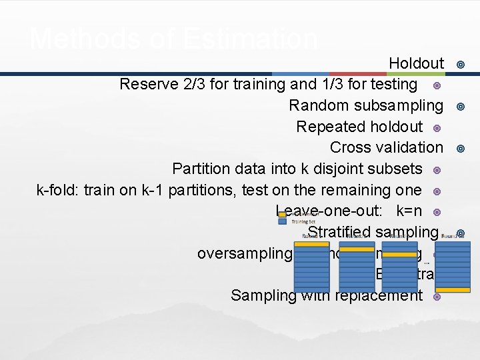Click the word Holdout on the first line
(416, 63)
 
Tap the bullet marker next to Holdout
(459, 64)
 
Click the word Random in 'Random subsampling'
(319, 105)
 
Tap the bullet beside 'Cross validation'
(459, 148)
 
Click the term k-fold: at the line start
(57, 190)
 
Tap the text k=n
(409, 211)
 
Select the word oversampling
(244, 254)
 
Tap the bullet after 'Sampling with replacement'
(437, 296)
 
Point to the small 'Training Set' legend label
(304, 221)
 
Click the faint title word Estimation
(248, 39)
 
